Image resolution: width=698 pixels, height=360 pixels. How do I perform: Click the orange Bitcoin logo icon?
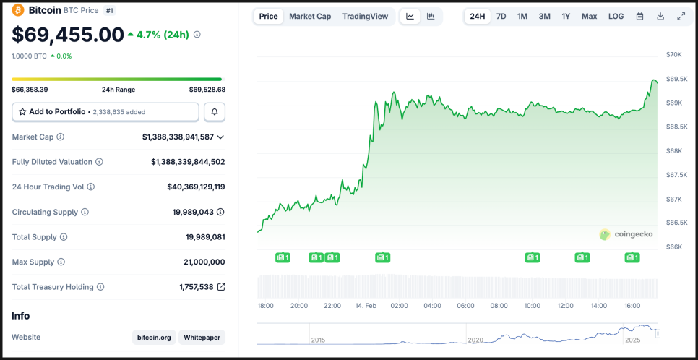tap(18, 10)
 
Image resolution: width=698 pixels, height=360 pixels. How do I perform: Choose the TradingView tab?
tap(365, 16)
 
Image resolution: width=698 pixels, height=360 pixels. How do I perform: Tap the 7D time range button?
tap(501, 16)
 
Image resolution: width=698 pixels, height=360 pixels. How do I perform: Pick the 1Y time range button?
tap(566, 16)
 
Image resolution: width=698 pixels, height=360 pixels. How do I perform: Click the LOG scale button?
tap(616, 16)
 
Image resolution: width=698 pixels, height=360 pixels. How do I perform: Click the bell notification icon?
tap(215, 112)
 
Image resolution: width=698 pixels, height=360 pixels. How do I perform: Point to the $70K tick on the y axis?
tap(673, 55)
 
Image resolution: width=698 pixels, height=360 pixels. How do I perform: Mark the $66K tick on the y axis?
tap(673, 247)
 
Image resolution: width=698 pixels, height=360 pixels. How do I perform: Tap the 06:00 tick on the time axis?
tap(465, 306)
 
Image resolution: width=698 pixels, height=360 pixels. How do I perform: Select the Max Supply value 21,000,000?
tap(204, 262)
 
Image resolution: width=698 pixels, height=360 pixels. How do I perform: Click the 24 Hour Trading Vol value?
tap(196, 187)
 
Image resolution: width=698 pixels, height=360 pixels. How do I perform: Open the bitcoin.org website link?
tap(153, 338)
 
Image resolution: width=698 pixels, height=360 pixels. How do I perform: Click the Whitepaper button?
tap(202, 338)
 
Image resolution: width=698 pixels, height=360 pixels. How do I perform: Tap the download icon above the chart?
tap(660, 16)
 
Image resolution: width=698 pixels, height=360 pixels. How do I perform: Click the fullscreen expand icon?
tap(681, 16)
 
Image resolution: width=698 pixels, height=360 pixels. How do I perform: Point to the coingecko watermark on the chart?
tap(626, 234)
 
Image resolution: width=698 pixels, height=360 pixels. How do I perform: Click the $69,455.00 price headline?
tap(68, 35)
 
